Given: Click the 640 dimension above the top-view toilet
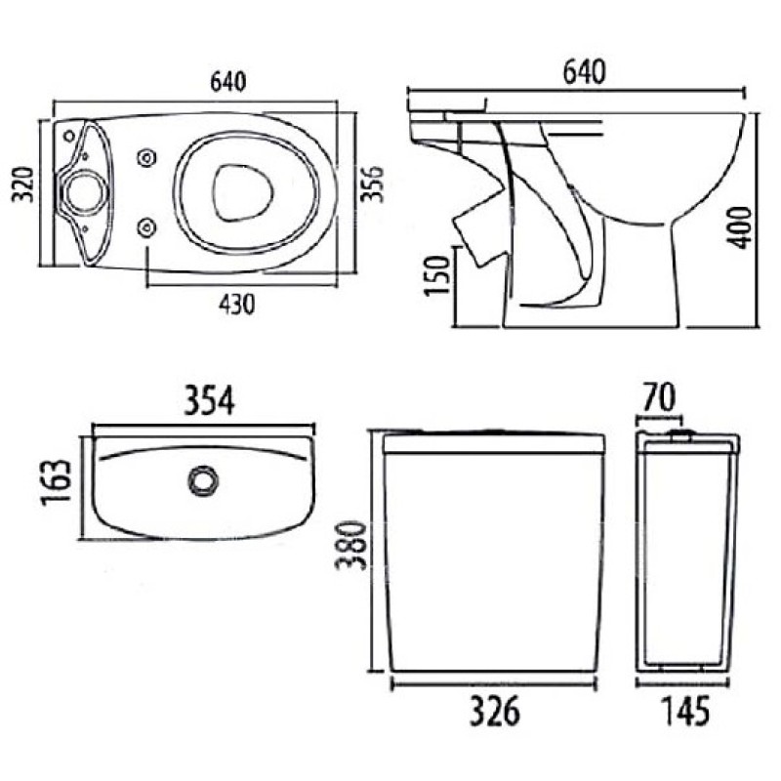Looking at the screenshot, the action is [228, 83].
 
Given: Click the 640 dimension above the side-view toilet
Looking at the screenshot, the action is [584, 71].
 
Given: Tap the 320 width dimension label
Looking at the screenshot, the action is [22, 185].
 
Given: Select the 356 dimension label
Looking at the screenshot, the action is [373, 184].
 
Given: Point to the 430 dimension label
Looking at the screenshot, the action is [237, 305].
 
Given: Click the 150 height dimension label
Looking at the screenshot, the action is [437, 276].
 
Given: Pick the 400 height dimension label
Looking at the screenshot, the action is [739, 227].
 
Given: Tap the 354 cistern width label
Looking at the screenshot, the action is [209, 401].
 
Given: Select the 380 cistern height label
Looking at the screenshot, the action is [351, 546].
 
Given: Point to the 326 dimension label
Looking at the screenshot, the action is [495, 712].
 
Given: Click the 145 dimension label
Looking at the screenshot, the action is [685, 711].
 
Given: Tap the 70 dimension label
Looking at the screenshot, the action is [658, 397].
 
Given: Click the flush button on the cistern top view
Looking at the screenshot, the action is [203, 480].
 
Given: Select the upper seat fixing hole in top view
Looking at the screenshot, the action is [146, 158].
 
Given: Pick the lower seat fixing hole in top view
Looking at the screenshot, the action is [146, 227].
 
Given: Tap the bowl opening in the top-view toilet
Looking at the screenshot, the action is [243, 192].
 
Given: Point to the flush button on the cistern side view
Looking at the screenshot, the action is [681, 435].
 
